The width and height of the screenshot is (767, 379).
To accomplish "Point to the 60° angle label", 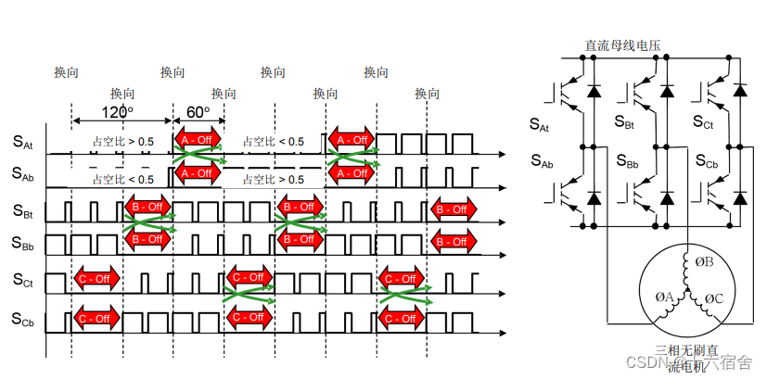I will [198, 112].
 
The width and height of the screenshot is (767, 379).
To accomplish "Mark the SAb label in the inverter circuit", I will [543, 162].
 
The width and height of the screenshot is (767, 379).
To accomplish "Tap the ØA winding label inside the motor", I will [664, 297].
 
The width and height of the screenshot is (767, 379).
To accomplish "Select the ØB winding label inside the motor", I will [705, 261].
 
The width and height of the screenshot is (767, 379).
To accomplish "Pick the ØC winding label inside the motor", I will [714, 298].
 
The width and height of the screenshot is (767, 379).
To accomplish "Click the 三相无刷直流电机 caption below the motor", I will [687, 358].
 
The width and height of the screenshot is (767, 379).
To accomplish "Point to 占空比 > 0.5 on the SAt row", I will [123, 141].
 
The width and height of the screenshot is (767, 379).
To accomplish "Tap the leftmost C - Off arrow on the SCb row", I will [97, 318].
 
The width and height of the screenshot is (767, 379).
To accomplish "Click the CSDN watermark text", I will [640, 362].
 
